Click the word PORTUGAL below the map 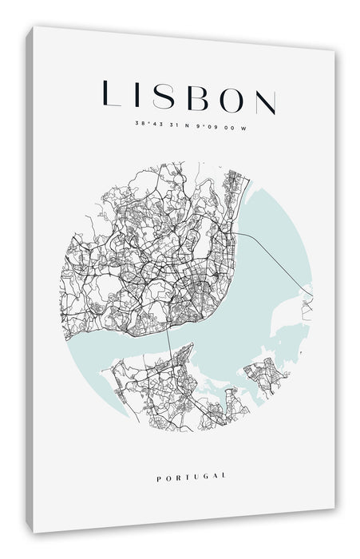(x=192, y=477)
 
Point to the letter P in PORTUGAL (x=160, y=477)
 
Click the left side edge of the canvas (x=30, y=279)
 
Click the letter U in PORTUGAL (x=195, y=477)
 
